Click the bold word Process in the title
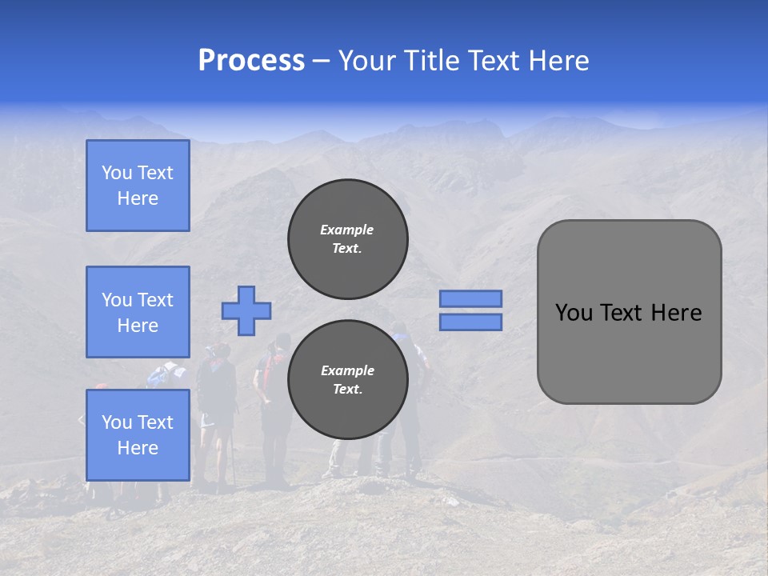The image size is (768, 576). click(251, 61)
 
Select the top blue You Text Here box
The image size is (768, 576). click(138, 186)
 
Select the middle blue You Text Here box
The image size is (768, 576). click(138, 312)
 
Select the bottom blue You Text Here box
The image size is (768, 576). click(138, 434)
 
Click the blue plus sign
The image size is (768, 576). click(246, 310)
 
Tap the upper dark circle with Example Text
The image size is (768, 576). click(347, 238)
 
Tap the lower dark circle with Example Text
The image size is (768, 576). click(347, 379)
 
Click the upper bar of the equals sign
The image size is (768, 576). click(470, 298)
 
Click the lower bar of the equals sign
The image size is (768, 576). click(470, 322)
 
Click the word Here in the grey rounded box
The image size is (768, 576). click(676, 313)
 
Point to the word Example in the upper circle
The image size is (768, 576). click(347, 230)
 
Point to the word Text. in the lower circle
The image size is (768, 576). click(347, 390)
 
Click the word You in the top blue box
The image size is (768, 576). click(116, 173)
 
